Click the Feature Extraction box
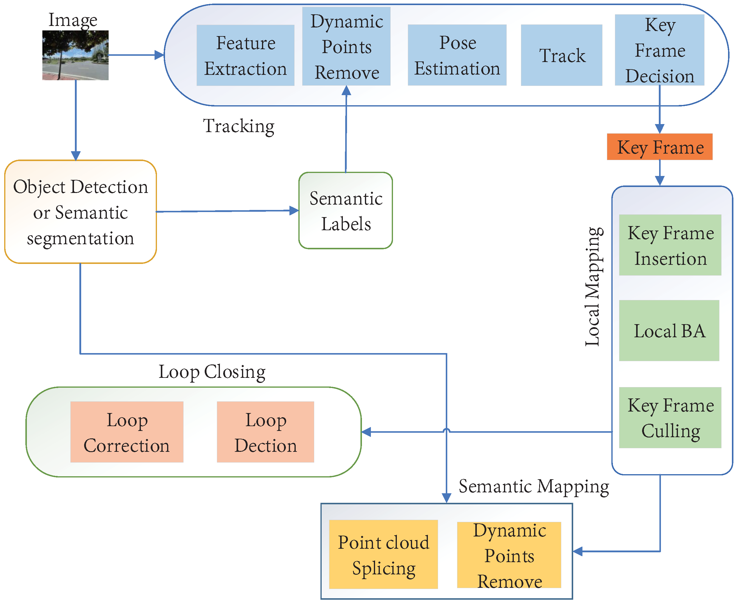tap(245, 55)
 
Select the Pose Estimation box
tap(457, 55)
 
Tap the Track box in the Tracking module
tap(561, 55)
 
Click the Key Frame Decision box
tap(659, 50)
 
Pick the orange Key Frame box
tap(659, 147)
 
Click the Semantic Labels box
tap(346, 211)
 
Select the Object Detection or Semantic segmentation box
tap(80, 212)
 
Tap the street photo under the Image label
tap(75, 55)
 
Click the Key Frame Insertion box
tap(670, 245)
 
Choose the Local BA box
tap(669, 331)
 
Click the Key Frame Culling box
tap(670, 418)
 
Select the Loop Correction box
tap(127, 432)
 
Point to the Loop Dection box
tap(265, 432)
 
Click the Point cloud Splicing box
tap(383, 554)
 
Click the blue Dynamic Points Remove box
tap(346, 47)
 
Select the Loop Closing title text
tap(212, 372)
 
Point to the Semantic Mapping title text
tap(534, 486)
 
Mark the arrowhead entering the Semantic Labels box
tap(294, 211)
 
